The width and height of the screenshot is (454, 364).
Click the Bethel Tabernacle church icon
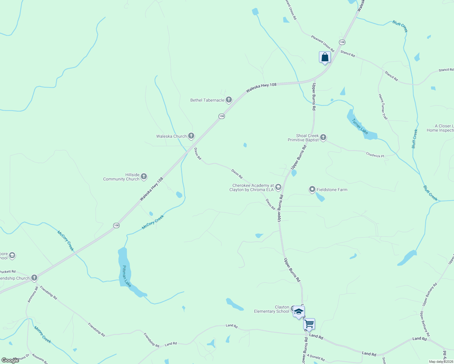click(229, 99)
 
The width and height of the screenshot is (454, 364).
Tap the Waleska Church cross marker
click(191, 136)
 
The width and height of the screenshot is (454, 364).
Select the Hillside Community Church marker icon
click(144, 176)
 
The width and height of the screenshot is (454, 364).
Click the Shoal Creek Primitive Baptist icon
click(323, 137)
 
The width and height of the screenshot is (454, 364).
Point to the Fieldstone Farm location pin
click(312, 190)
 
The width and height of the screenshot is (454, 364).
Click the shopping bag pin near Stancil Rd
click(325, 57)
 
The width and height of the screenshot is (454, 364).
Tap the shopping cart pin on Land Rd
click(309, 324)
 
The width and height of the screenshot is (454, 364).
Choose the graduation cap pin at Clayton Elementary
click(299, 312)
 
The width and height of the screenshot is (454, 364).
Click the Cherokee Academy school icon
click(278, 187)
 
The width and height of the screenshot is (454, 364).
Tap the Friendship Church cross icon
click(34, 278)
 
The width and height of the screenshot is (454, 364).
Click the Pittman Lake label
click(127, 276)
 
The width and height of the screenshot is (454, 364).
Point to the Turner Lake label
click(360, 126)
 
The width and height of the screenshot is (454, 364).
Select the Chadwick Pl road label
click(375, 155)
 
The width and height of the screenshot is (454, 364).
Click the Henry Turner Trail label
click(383, 107)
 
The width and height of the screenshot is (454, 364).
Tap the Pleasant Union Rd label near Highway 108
click(322, 43)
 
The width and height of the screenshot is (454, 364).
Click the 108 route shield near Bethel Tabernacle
click(222, 116)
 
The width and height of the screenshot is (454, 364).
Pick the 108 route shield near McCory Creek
click(116, 225)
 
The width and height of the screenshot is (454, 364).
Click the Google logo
click(10, 360)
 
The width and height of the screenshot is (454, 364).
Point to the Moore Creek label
click(42, 335)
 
